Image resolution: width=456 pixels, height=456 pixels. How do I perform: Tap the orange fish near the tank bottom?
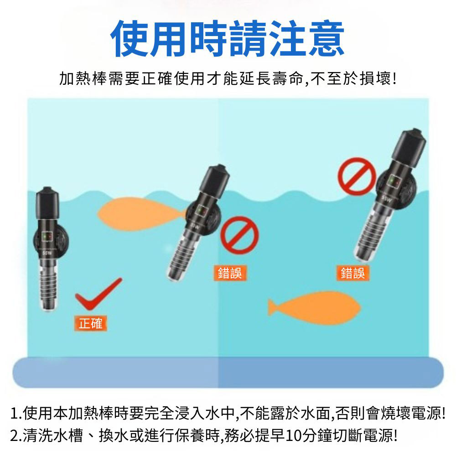315,305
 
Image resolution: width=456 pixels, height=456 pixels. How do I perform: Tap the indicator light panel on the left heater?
47,236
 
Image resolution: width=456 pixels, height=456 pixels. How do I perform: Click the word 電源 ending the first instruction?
424,414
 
